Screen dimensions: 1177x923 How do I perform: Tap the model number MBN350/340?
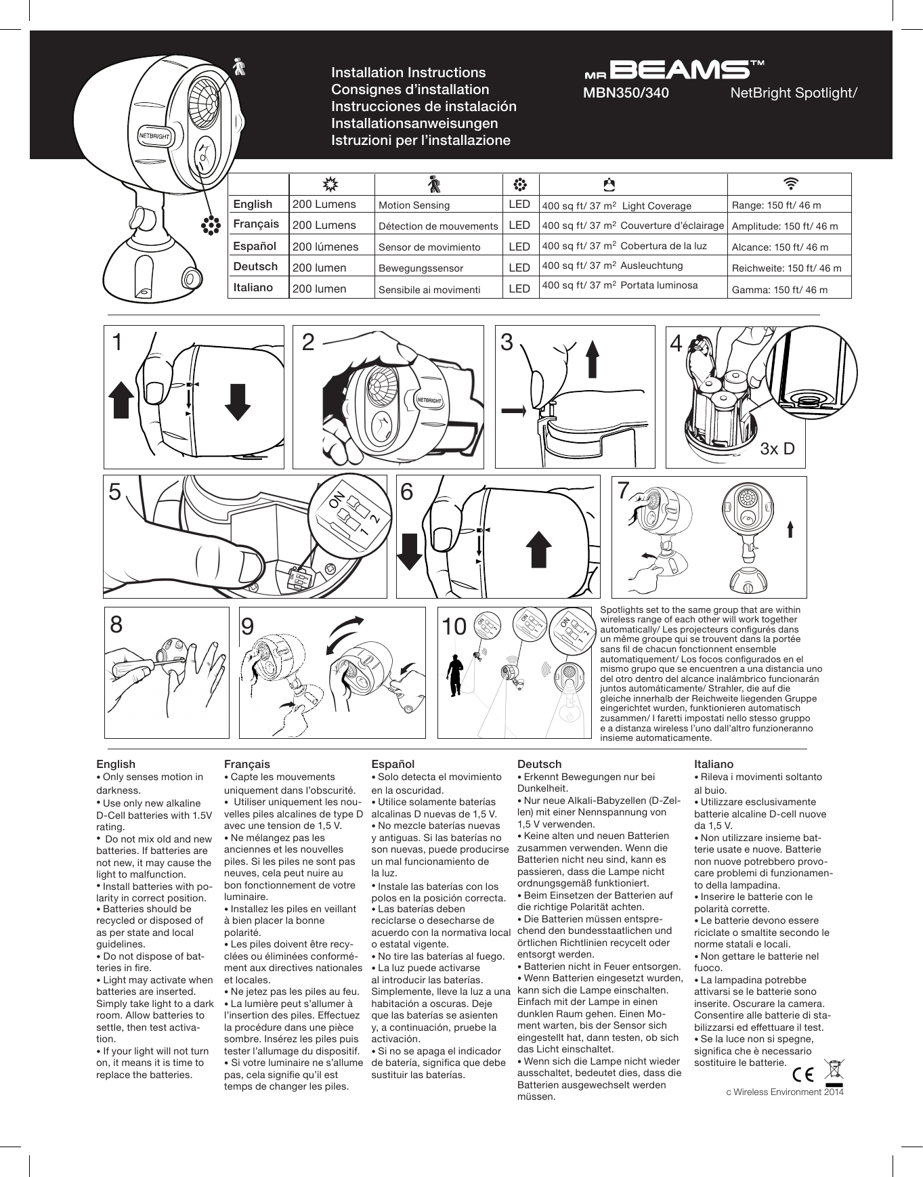coord(626,93)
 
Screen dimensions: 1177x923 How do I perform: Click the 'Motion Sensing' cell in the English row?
coord(414,205)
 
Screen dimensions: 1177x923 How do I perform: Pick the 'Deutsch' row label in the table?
coord(255,266)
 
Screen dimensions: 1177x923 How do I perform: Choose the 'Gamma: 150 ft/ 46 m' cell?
coord(779,290)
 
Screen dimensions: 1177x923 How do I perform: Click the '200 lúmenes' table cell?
coord(325,247)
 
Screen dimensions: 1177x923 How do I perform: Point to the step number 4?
coord(675,344)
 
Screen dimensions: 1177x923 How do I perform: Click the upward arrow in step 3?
coord(593,358)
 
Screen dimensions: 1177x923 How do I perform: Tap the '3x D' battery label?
coord(777,448)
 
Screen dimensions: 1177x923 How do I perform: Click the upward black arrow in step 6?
coord(538,548)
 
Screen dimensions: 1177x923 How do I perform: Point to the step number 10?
coord(454,626)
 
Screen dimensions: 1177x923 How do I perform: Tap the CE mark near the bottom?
coord(804,1074)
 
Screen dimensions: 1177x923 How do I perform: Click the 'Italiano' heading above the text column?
coord(713,764)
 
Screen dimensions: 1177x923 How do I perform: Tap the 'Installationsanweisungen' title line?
coord(414,123)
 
